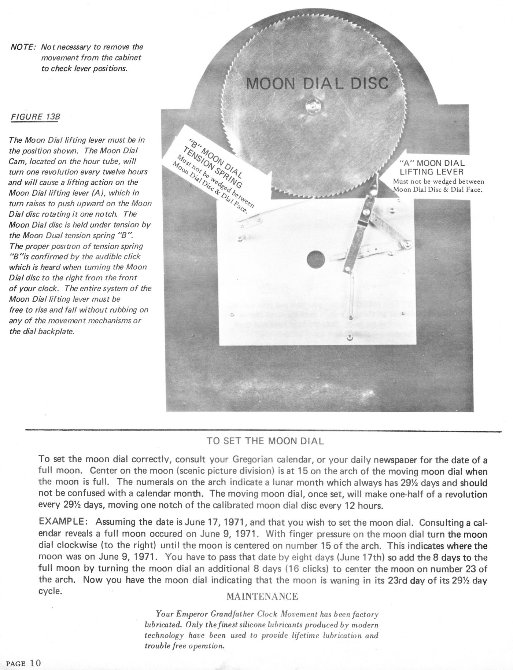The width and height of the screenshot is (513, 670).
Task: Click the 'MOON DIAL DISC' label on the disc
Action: pyautogui.click(x=317, y=84)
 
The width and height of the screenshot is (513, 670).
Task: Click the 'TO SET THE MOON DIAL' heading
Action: pyautogui.click(x=265, y=441)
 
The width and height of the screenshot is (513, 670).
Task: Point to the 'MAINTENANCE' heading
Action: pyautogui.click(x=262, y=597)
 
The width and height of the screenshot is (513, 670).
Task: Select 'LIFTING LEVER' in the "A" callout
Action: pyautogui.click(x=432, y=172)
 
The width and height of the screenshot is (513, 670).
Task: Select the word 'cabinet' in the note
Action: pyautogui.click(x=128, y=58)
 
